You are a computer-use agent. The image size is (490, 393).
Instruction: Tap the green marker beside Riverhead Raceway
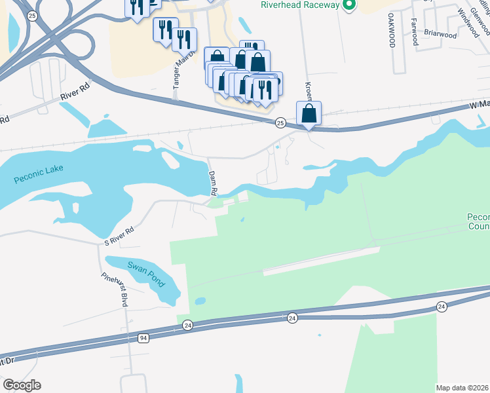[349, 5]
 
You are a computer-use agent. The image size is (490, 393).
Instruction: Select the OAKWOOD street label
[392, 30]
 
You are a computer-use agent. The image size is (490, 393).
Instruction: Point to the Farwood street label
[414, 31]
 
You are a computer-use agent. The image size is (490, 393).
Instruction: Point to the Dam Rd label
[212, 183]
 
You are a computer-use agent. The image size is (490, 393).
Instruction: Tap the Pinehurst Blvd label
[114, 289]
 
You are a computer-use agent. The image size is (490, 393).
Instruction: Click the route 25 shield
[280, 122]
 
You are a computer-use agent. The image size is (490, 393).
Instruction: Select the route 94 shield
[144, 338]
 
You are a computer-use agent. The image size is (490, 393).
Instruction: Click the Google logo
[22, 385]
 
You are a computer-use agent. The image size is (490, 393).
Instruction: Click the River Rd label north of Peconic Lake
[74, 93]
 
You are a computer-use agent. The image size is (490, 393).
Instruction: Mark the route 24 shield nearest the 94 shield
[188, 325]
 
